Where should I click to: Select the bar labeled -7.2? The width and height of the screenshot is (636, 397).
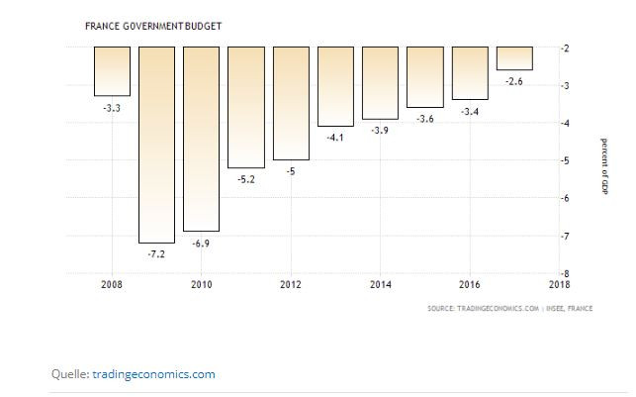156,144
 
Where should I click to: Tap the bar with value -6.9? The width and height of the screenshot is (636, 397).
201,138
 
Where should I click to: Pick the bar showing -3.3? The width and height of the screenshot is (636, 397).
112,70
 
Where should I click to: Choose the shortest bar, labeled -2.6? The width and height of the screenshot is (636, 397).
514,58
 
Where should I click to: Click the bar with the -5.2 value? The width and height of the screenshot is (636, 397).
246,107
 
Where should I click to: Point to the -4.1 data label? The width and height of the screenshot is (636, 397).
335,137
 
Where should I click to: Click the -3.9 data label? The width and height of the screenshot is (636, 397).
380,130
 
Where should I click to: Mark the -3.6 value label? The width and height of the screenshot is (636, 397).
425,119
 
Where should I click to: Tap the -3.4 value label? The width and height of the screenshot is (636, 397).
470,111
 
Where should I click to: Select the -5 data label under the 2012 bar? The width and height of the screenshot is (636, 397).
290,171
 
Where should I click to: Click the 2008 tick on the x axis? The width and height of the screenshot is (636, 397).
112,285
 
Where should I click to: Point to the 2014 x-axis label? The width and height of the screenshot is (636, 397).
380,285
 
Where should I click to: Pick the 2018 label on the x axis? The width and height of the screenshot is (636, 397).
559,285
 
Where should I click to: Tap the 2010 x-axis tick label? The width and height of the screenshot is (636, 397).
202,285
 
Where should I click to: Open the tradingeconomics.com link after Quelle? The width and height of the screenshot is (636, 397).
153,374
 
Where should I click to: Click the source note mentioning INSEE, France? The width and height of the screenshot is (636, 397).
510,308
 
